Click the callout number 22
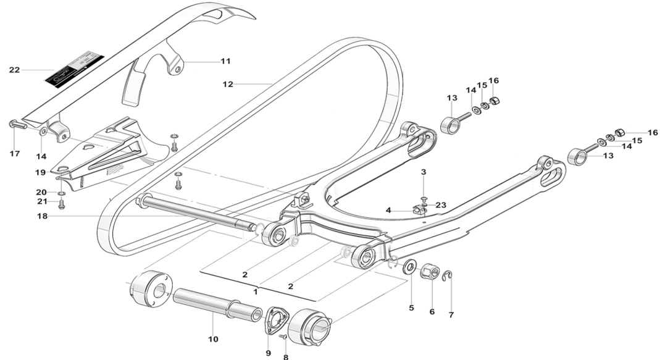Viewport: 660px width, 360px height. [14, 70]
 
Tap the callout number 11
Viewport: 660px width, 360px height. [225, 61]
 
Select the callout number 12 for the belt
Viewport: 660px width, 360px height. [228, 84]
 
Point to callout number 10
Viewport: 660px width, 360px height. [212, 338]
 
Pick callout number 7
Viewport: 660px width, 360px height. [451, 315]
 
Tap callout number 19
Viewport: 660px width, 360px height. [41, 172]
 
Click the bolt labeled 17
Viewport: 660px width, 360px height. [16, 124]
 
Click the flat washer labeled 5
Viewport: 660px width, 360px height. [409, 267]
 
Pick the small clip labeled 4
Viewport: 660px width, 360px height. [419, 210]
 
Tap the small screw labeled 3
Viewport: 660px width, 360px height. [424, 198]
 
